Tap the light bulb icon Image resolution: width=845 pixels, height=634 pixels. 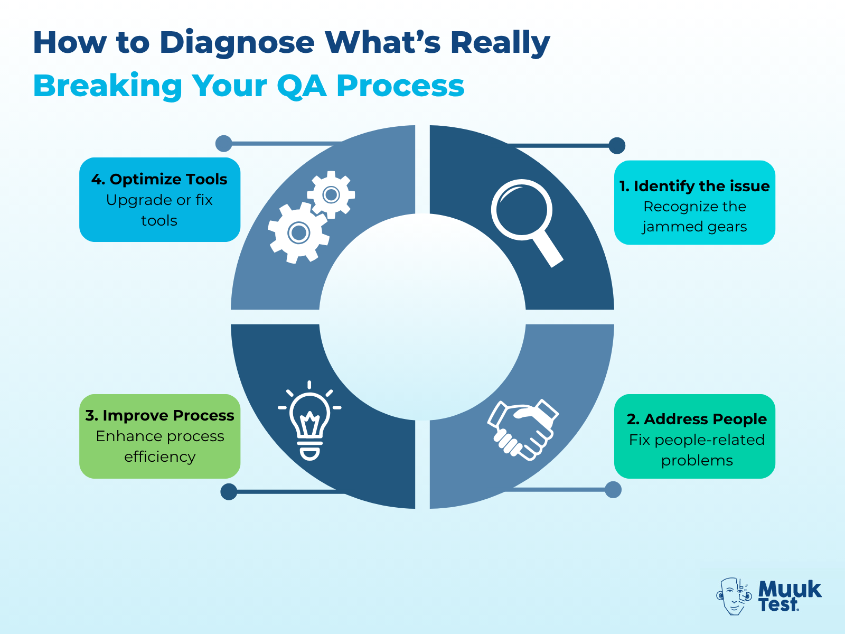pos(310,420)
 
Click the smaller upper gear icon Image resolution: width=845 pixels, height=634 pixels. pos(331,194)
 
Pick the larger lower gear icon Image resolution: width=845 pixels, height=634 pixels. pos(298,232)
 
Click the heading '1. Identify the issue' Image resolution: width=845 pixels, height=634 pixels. pos(694,186)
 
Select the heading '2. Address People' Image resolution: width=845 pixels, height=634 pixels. pos(697,419)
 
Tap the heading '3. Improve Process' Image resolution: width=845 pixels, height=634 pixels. pos(159,415)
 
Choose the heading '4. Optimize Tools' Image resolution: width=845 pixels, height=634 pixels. pos(159,179)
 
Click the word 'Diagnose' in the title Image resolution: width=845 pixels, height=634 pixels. pos(237,42)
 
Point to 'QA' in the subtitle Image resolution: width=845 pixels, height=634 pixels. pos(301,86)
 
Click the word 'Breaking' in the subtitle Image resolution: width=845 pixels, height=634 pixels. pos(107,86)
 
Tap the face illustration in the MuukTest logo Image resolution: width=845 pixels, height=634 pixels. pos(734,596)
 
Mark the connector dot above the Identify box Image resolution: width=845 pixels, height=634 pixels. pos(617,145)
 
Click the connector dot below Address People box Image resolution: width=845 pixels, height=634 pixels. pos(613,490)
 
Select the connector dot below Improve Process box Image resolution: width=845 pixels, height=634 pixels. pos(229,491)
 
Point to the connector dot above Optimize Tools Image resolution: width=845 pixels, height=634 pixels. pos(224,143)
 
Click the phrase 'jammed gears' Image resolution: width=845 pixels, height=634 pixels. pos(694,227)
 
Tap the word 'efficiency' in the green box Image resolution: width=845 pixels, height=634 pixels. pos(159,456)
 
